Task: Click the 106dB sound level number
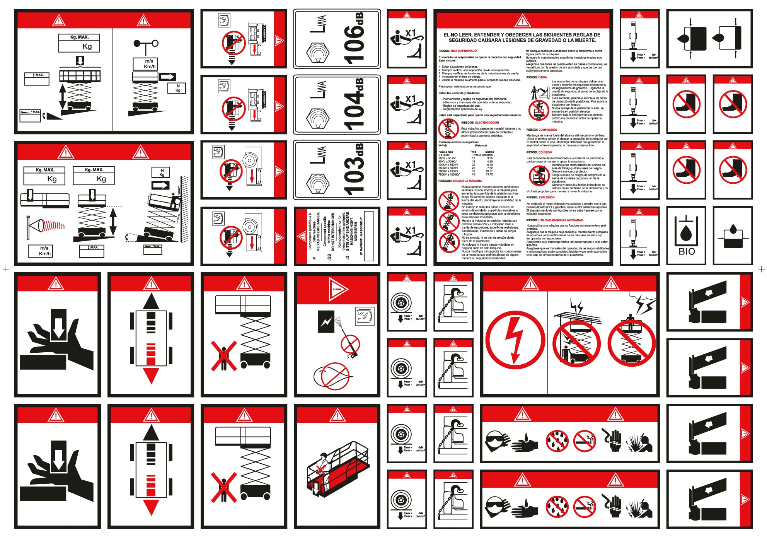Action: [x=353, y=39]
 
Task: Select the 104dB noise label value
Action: [x=353, y=104]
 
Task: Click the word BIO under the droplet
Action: [x=687, y=251]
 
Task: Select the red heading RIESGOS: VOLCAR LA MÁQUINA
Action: [x=460, y=181]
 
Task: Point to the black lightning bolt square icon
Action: [x=326, y=321]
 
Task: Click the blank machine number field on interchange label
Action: [x=369, y=236]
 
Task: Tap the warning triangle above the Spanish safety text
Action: [x=522, y=20]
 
